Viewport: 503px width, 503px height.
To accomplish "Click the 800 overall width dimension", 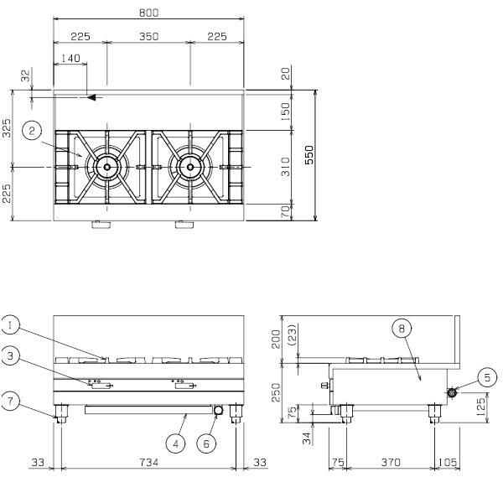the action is click(149, 13).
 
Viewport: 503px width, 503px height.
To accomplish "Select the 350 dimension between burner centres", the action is click(149, 37).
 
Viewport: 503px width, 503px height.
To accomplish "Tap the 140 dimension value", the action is click(70, 58).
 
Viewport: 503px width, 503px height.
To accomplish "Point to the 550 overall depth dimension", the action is click(309, 154).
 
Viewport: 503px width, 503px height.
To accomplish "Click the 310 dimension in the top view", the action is click(285, 167).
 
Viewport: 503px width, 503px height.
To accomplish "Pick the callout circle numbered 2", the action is click(32, 131).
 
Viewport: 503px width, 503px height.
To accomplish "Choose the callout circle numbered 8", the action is click(402, 328).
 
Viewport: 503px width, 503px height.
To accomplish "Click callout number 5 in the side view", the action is click(487, 377).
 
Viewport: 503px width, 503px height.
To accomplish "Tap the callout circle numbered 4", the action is click(175, 443).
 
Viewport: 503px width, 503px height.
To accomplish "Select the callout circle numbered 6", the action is click(206, 443).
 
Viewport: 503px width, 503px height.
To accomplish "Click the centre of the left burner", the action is click(106, 167).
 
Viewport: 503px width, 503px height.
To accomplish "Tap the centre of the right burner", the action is click(190, 167).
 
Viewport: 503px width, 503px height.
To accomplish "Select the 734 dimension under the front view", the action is click(149, 462).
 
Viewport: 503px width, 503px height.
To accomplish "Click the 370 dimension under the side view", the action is click(391, 462).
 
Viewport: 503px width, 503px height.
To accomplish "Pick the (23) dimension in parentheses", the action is click(293, 334).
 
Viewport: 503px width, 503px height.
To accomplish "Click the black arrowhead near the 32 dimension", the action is click(91, 97).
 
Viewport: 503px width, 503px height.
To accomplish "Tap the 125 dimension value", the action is click(481, 407).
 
